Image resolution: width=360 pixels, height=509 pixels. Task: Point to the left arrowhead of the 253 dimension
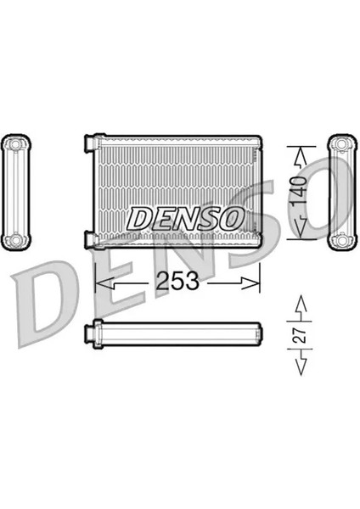point(98,280)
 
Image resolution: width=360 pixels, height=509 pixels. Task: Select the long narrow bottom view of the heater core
point(176,335)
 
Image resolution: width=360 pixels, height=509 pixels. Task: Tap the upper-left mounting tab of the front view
point(88,147)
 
